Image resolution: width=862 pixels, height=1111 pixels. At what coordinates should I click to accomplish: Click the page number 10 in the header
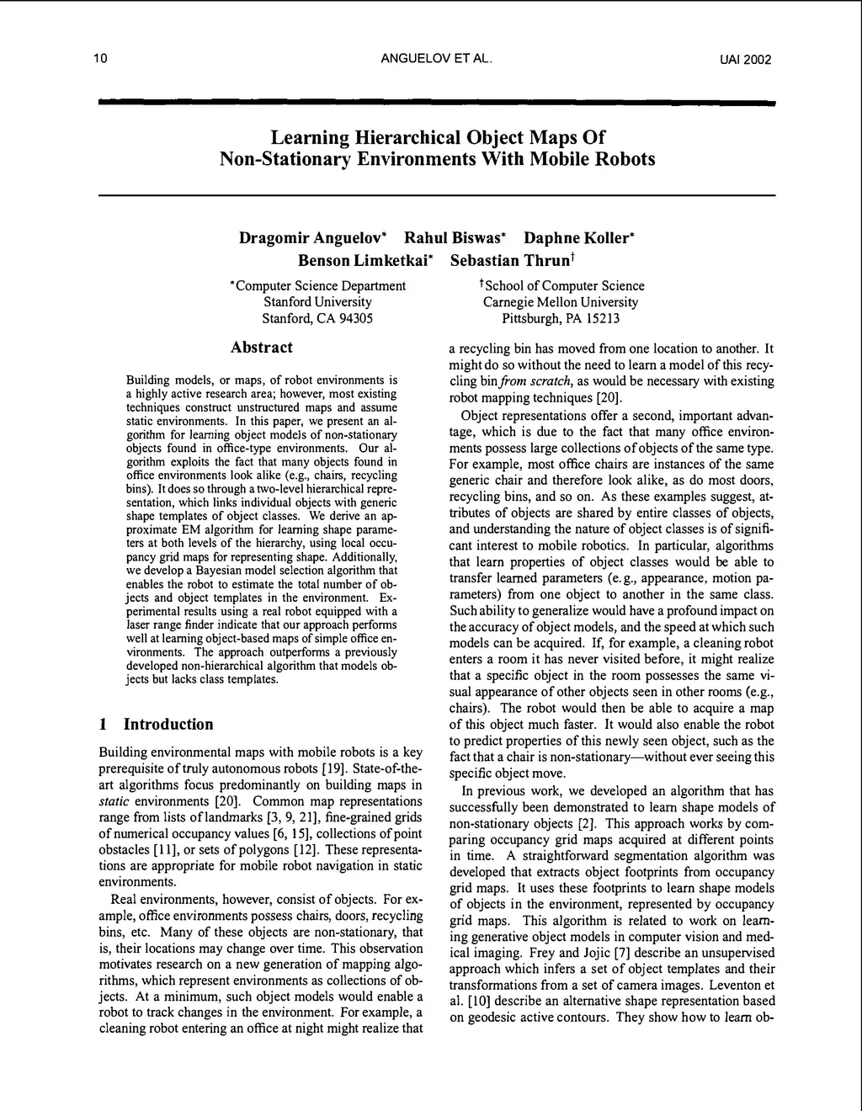100,59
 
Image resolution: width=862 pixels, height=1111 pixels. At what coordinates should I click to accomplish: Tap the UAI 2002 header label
745,60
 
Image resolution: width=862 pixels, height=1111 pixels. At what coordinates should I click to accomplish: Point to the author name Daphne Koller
578,238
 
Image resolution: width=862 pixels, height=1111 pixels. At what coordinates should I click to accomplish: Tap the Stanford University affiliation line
317,302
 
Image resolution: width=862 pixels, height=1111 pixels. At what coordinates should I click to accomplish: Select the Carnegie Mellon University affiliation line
561,302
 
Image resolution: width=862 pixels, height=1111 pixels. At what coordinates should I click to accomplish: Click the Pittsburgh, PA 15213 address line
561,319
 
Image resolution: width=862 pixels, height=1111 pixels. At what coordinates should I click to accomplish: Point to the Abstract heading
262,348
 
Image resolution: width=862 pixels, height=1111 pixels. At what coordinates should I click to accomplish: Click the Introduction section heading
168,725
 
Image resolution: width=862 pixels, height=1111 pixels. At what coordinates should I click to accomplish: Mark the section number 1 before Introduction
103,725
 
